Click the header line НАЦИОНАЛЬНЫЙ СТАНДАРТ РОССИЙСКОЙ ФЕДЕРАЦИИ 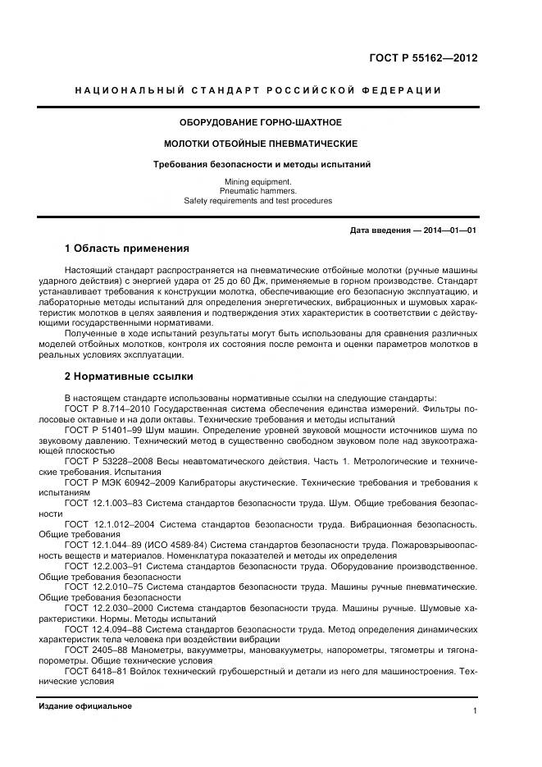point(257,89)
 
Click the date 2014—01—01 point(450,231)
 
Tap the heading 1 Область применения point(127,248)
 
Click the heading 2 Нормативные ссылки point(129,377)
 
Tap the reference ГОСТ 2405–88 point(93,650)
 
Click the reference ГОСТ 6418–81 point(93,671)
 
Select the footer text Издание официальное point(85,706)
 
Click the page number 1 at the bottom point(475,711)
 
